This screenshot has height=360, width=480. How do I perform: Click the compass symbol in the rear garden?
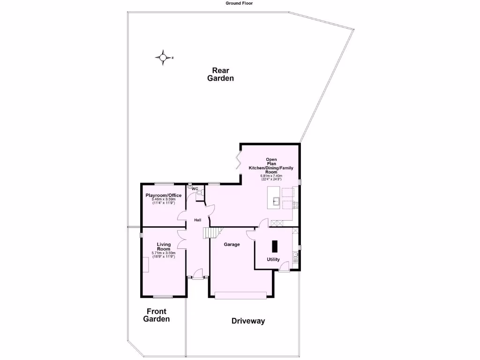click(163, 58)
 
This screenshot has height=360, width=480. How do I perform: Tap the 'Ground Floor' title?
click(240, 3)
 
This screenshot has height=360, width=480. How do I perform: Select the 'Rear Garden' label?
click(220, 75)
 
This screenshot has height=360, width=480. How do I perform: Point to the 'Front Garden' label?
click(156, 315)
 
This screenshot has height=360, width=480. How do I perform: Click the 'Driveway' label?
click(248, 321)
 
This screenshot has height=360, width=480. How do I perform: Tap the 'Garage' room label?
click(232, 244)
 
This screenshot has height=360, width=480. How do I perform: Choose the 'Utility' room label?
click(273, 259)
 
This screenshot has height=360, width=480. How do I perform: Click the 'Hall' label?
click(198, 220)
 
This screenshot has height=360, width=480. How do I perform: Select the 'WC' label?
click(195, 189)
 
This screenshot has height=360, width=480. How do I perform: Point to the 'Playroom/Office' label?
click(163, 195)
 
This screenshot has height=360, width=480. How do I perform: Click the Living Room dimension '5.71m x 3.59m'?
click(163, 253)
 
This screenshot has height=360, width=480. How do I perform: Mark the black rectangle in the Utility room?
click(274, 246)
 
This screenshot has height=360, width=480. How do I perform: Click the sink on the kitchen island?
click(277, 202)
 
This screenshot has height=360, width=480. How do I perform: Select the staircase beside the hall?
click(211, 233)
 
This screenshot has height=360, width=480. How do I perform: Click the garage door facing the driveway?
click(240, 294)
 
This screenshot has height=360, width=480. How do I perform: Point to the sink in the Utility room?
click(295, 256)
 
